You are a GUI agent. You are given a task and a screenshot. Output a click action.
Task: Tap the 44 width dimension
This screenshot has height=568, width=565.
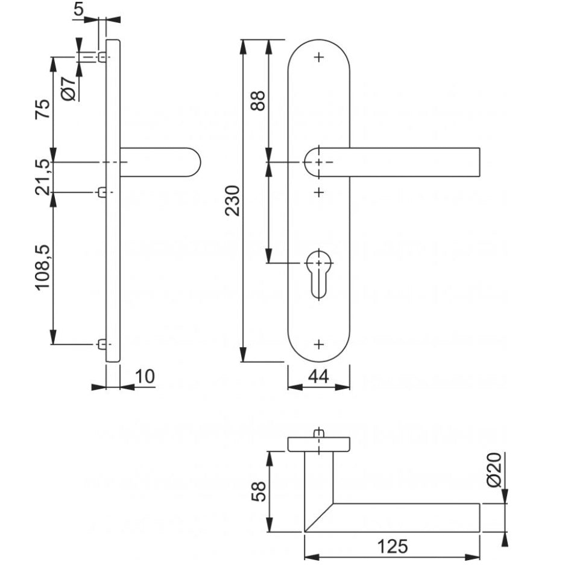(x=318, y=376)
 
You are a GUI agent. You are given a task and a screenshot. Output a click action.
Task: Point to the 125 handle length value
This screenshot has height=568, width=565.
(x=393, y=547)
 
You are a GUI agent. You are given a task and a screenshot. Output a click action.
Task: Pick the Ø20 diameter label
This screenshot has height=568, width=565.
(x=494, y=470)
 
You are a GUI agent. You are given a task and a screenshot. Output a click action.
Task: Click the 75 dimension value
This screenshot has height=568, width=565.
(x=43, y=110)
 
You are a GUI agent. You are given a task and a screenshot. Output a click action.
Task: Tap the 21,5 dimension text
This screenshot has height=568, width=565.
(x=43, y=177)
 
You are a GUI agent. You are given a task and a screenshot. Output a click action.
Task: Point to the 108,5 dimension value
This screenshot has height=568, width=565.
(x=43, y=267)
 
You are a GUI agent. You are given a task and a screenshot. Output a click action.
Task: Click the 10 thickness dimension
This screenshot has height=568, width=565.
(x=145, y=376)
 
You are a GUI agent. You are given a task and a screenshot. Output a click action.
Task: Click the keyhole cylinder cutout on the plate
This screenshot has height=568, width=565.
(x=318, y=272)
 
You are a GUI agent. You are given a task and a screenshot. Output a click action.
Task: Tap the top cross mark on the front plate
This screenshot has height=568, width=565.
(x=319, y=57)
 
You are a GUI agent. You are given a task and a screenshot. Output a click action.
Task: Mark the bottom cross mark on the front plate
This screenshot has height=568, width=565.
(x=319, y=344)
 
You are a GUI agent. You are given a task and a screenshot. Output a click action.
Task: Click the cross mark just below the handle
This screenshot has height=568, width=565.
(x=319, y=192)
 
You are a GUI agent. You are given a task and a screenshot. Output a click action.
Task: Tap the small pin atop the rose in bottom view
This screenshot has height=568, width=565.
(x=319, y=433)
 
